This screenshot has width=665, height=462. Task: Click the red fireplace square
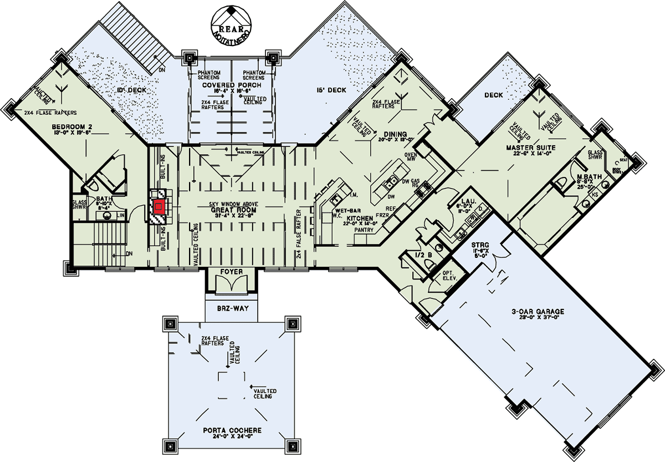tap(159, 207)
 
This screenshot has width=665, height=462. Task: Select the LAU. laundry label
tap(469, 201)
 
